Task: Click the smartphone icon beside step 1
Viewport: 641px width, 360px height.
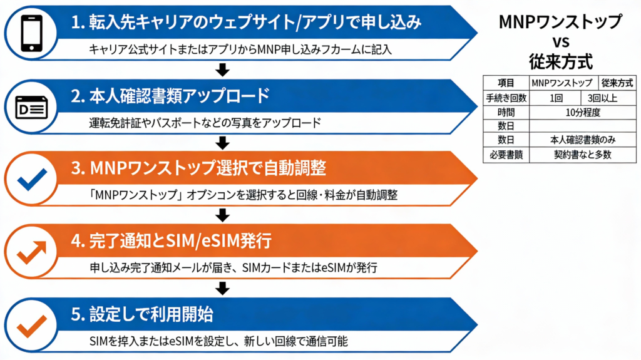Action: pyautogui.click(x=31, y=33)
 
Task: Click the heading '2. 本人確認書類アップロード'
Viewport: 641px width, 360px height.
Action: pyautogui.click(x=170, y=96)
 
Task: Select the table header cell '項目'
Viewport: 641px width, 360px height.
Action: pyautogui.click(x=506, y=83)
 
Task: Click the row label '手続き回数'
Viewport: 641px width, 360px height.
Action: pyautogui.click(x=506, y=98)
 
